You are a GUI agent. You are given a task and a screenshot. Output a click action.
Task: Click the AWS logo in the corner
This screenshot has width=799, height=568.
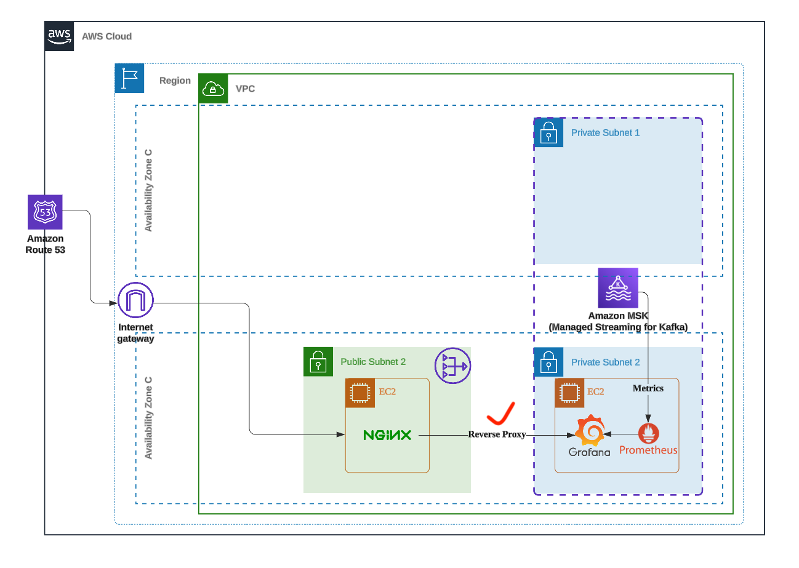pos(59,36)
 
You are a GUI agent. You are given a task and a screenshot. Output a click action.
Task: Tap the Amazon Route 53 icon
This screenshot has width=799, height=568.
pos(46,212)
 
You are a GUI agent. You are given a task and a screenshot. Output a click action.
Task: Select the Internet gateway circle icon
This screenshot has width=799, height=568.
pos(136,300)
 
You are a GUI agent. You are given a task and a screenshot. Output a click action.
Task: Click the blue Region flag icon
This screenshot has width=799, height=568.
pos(129,78)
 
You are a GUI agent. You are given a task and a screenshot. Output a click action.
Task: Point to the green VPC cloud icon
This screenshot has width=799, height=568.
pos(214,89)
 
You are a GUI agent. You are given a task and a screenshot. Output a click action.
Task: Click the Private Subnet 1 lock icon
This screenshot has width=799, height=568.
pos(549,133)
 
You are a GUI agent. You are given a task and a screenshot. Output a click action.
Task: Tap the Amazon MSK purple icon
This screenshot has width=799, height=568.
pos(618,288)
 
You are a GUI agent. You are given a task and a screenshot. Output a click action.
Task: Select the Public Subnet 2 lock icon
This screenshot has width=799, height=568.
pos(318,362)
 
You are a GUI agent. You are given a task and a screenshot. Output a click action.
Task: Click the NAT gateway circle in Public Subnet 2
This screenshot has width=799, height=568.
pos(453,366)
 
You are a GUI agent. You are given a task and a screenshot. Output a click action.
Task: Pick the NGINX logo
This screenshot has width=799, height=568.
pos(387,435)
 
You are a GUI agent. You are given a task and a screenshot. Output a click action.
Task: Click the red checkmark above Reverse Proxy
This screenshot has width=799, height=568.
pos(501,414)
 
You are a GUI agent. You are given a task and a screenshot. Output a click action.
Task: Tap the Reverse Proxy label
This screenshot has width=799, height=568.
pos(497,434)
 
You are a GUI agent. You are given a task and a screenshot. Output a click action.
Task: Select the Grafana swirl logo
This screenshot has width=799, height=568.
pos(591,431)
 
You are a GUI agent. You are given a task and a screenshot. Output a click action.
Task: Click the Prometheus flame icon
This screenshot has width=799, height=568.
pos(649,433)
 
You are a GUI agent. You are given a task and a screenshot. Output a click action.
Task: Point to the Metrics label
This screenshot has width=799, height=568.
pos(648,389)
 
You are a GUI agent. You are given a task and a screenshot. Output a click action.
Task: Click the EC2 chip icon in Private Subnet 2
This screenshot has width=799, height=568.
pos(569,393)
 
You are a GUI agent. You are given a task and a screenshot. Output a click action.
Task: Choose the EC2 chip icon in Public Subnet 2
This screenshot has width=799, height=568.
pos(360,393)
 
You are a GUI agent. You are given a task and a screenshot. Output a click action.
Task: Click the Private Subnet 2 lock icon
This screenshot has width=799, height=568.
pos(549,362)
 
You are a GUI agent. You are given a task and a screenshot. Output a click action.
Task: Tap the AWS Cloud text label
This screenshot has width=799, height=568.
pos(107,37)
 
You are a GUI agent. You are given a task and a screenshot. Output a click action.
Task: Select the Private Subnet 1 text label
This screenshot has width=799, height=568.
pos(606,133)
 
